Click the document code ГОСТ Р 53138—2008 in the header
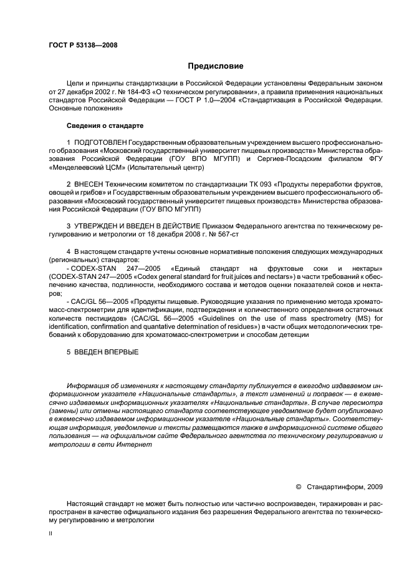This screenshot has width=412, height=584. [x=83, y=45]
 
